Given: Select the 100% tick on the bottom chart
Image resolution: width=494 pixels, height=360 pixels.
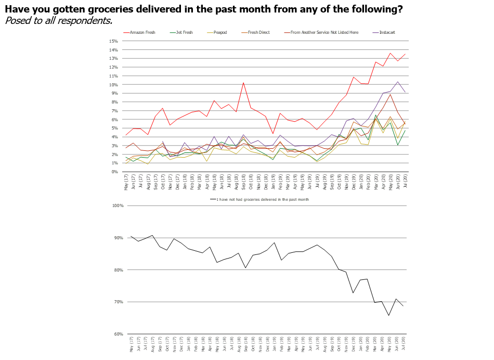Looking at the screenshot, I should pos(117,206).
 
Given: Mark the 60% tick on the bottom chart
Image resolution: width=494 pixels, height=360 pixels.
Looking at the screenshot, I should pos(118,334).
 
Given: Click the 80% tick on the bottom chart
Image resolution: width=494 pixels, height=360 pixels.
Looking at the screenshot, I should pos(118,270).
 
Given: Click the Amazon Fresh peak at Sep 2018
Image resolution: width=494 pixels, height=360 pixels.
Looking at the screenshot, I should pos(243,82).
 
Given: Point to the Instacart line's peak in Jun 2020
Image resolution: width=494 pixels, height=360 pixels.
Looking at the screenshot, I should pos(398,82).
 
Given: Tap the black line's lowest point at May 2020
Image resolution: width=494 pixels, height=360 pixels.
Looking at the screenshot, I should pos(388,315).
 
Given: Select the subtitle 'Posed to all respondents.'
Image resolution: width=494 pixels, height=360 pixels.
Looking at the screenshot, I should pos(58,21).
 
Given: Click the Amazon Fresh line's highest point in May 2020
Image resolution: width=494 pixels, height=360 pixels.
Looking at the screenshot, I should pos(391,53).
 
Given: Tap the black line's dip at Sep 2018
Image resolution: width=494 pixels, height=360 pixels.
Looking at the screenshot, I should pos(246,268).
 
